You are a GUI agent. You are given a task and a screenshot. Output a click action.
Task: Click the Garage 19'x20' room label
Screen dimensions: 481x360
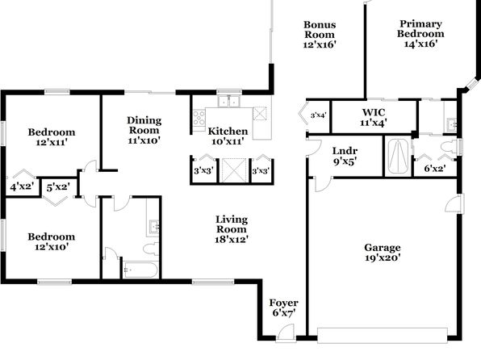(383, 253)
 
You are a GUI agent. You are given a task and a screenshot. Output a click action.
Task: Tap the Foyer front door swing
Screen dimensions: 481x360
(285, 332)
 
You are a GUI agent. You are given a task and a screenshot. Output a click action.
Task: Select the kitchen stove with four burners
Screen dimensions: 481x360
(199, 118)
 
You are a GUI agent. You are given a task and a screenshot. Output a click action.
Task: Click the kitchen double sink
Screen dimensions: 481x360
(229, 101)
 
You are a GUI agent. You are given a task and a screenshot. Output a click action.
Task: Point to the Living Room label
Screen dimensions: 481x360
(232, 229)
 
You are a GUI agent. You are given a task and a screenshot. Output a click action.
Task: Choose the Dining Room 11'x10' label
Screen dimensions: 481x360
(144, 130)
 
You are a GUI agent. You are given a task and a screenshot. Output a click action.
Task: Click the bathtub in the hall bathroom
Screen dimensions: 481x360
(140, 270)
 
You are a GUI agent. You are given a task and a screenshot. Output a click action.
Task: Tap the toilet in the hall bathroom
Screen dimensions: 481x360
(151, 249)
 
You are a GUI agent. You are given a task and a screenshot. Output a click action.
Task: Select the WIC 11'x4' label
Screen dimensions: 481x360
(374, 118)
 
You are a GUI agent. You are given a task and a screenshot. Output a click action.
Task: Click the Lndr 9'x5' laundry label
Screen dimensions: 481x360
(345, 156)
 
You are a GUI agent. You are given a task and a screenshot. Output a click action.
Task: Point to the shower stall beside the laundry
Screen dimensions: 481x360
(398, 157)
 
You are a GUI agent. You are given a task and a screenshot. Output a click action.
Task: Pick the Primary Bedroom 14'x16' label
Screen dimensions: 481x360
(420, 33)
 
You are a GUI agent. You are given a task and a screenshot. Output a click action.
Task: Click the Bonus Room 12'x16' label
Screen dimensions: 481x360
(320, 35)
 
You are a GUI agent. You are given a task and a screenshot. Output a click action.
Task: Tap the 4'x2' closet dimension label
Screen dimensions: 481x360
(22, 186)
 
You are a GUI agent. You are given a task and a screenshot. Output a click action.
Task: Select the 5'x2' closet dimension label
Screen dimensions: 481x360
(58, 187)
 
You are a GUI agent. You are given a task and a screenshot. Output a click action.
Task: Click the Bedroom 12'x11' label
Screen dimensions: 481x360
(51, 137)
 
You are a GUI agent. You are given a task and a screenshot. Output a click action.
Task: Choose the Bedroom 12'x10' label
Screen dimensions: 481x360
(51, 241)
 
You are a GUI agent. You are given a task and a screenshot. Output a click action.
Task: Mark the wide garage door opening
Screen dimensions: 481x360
(383, 336)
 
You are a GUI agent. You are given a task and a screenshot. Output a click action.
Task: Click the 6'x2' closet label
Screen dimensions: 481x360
(435, 168)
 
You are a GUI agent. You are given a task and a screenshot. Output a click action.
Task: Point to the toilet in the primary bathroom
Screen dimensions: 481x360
(449, 146)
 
